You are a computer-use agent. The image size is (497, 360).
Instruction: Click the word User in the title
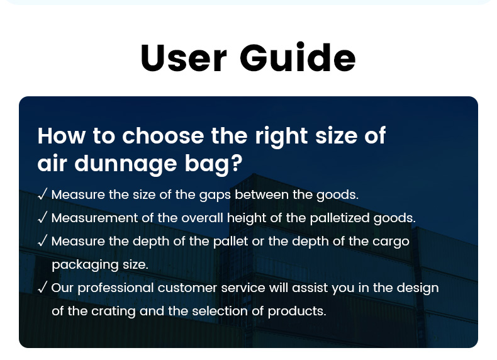[184, 58]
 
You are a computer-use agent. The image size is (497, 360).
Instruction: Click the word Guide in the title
[298, 57]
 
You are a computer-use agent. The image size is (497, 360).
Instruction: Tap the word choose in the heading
[163, 136]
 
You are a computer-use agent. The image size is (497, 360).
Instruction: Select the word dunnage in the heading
[126, 164]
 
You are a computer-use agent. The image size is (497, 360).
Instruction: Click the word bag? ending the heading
[214, 164]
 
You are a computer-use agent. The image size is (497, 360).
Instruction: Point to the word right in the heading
[281, 137]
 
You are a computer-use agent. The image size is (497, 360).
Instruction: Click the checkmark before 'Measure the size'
[43, 194]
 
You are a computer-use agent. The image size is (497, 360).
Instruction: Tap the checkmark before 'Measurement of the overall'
[43, 217]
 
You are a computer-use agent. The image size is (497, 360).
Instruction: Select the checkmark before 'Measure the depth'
[43, 240]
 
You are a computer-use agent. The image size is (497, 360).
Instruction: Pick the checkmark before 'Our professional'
[43, 287]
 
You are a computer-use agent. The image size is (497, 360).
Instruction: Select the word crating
[113, 312]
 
